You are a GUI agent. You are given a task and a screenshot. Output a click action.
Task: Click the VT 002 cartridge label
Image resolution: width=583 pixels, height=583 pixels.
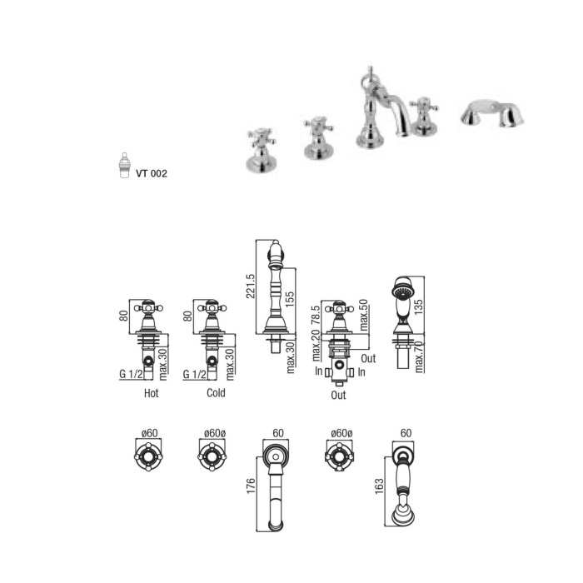(152, 173)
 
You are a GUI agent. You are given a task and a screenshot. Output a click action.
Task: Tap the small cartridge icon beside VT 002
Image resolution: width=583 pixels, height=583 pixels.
(125, 165)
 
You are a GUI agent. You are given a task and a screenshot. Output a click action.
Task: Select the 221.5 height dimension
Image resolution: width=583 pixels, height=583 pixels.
(250, 286)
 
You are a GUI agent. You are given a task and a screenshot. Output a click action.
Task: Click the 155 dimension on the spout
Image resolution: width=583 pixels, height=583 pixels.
(290, 299)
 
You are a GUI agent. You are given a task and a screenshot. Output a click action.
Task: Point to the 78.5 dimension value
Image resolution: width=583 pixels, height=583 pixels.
(316, 316)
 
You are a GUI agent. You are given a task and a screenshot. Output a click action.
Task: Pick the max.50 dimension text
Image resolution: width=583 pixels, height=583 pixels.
(363, 316)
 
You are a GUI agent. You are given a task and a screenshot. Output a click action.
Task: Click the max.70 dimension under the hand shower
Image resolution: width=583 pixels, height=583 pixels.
(419, 357)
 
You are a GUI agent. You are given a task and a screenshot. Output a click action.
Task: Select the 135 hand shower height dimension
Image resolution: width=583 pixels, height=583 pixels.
(418, 307)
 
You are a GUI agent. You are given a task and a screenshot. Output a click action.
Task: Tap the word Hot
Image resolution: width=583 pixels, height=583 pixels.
(151, 393)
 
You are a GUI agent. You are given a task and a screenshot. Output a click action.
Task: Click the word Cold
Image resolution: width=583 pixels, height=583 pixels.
(216, 393)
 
